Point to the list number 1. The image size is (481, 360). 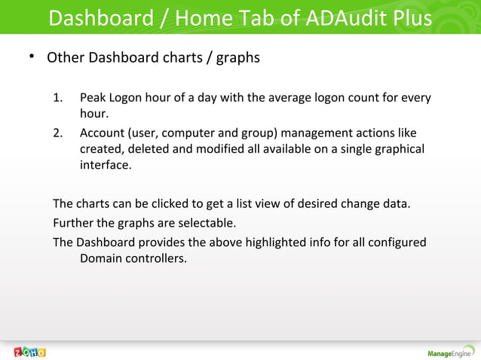click(x=58, y=99)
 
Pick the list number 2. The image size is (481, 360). click(x=58, y=133)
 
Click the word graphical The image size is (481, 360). click(x=396, y=150)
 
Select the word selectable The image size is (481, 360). click(x=207, y=223)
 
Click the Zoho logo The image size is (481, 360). click(x=30, y=352)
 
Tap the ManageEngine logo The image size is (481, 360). click(x=450, y=352)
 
